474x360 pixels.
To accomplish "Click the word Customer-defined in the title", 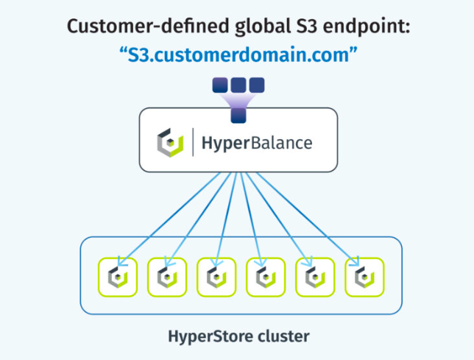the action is click(149, 27).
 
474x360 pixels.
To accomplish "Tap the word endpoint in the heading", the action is click(367, 27).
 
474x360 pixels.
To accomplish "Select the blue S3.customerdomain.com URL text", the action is click(238, 55).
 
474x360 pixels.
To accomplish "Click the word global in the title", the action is click(263, 27).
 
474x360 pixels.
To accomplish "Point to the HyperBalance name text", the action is click(257, 144).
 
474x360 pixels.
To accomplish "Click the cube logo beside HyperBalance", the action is click(170, 143).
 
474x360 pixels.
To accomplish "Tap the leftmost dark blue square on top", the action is click(220, 85).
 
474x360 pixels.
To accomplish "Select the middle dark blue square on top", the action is click(238, 85).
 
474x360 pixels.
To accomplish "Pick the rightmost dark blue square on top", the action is click(257, 85).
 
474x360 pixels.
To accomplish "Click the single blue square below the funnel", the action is click(238, 116).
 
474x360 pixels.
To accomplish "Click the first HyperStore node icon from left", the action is click(118, 278).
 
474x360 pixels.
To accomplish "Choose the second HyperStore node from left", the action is click(167, 278).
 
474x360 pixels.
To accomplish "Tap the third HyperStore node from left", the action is click(216, 278).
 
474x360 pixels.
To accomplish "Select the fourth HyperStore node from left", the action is click(266, 278).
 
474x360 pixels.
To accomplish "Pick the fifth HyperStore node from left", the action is click(315, 278).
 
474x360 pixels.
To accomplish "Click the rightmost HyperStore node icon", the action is click(364, 278).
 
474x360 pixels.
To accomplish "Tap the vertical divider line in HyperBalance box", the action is click(193, 142).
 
